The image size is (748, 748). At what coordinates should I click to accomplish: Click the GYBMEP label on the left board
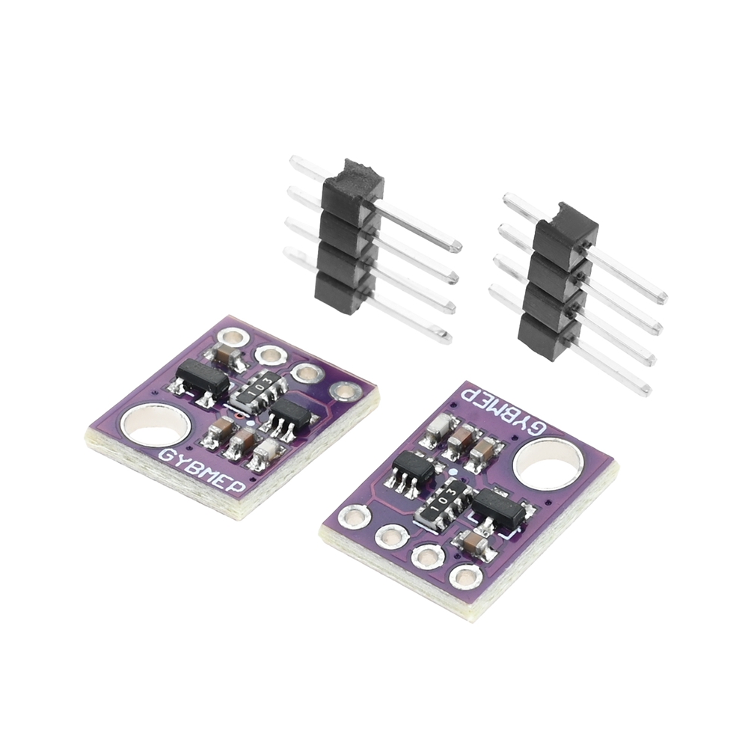202,468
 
